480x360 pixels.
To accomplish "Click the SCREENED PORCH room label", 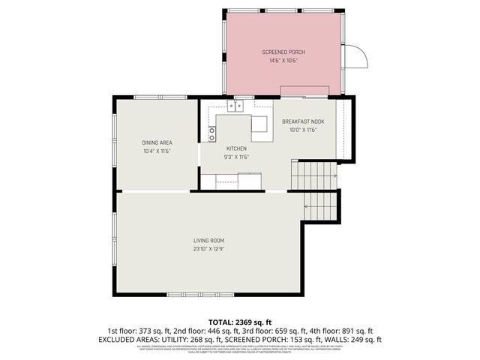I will [x=283, y=52].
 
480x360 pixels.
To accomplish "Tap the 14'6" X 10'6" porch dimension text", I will [x=283, y=60].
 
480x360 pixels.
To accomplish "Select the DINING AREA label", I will [x=157, y=142].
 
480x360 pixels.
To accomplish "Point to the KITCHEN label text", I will [x=236, y=148].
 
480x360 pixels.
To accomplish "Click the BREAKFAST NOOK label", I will [x=303, y=121].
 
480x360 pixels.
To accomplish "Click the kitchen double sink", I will [x=236, y=106].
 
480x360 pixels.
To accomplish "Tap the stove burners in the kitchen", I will [x=212, y=134].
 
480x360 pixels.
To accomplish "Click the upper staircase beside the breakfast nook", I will [x=313, y=175].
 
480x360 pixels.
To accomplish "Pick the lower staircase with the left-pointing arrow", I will [x=321, y=204].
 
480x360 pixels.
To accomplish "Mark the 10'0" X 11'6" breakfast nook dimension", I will [x=303, y=130].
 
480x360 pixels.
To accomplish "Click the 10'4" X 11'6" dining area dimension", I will [x=157, y=151].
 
